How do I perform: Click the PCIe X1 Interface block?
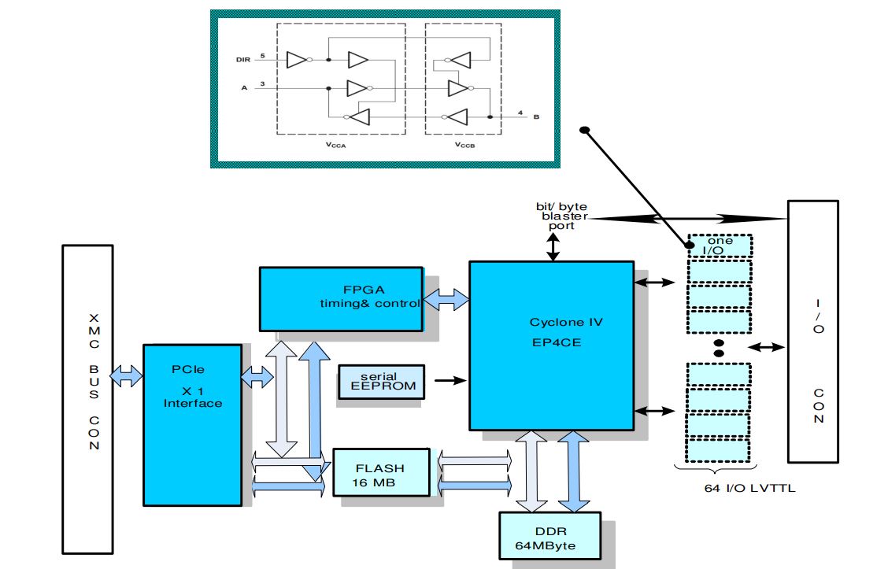(x=192, y=424)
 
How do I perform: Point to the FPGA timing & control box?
(x=340, y=298)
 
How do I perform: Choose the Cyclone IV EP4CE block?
(x=551, y=345)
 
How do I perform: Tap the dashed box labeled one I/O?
(x=720, y=246)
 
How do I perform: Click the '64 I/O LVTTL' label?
(x=739, y=489)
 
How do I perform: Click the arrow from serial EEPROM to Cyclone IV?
(x=450, y=381)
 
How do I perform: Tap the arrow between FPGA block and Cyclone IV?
(x=446, y=299)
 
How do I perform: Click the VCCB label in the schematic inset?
(x=464, y=146)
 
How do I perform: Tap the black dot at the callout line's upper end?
(x=584, y=129)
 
